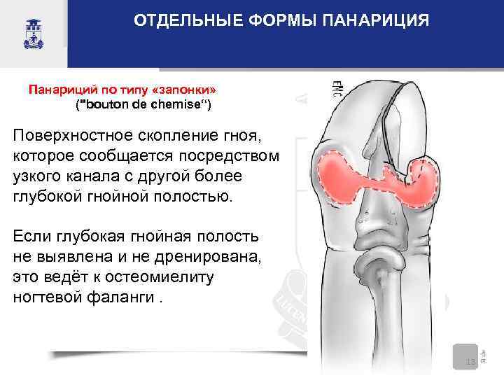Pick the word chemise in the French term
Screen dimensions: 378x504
[x=178, y=105]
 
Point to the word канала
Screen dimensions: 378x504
[x=97, y=174]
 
